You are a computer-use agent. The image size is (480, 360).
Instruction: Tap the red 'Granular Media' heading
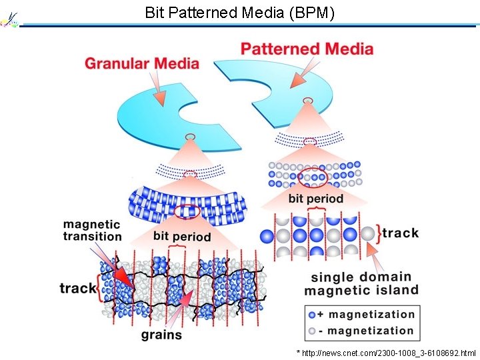point(141,63)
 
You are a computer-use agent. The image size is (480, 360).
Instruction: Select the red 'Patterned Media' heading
point(307,49)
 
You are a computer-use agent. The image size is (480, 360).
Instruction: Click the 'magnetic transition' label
point(92,230)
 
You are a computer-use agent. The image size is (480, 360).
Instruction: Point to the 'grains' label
point(161,334)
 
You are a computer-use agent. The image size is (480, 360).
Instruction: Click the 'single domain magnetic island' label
point(361,283)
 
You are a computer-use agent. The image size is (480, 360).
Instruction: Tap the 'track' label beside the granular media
point(77,288)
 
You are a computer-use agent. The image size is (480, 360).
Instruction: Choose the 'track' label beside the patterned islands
point(401,233)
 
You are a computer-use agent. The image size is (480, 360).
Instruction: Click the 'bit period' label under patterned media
point(315,198)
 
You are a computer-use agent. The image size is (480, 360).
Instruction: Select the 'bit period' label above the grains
point(181,236)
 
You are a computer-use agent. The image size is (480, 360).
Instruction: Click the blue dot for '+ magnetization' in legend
point(312,315)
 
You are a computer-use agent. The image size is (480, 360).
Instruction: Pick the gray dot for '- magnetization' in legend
point(312,331)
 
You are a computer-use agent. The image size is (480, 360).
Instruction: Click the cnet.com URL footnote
point(386,351)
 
